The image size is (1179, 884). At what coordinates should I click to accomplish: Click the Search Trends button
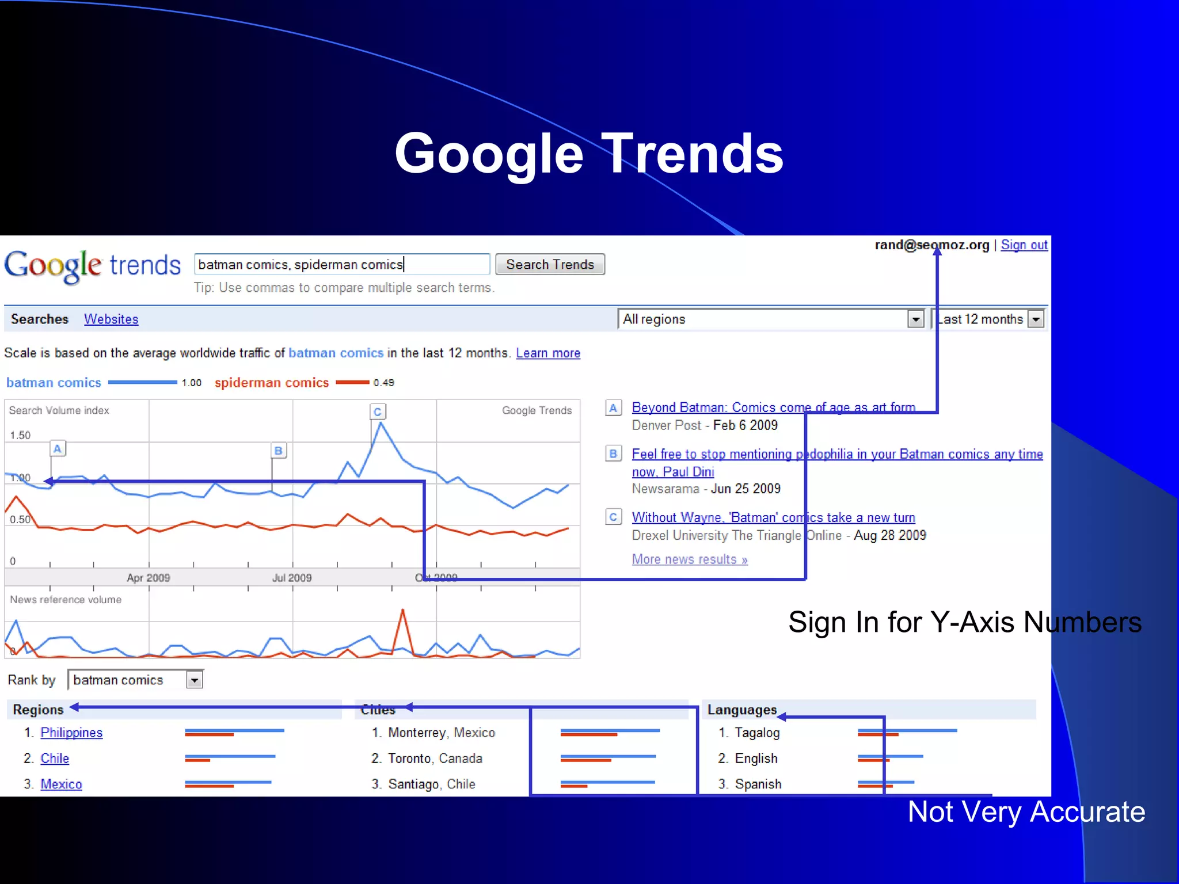click(x=550, y=265)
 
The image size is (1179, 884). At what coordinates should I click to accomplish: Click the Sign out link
click(x=1024, y=245)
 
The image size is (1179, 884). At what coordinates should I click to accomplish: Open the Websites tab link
click(x=111, y=319)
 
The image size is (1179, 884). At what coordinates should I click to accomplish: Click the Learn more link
click(x=548, y=353)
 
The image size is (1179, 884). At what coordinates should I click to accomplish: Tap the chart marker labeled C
click(x=378, y=412)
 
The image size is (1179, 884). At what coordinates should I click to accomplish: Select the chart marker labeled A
click(x=58, y=449)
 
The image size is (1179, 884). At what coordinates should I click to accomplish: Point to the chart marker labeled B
click(x=279, y=451)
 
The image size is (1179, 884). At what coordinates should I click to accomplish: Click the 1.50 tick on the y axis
click(x=20, y=435)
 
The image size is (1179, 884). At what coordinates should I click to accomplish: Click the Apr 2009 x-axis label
click(x=149, y=578)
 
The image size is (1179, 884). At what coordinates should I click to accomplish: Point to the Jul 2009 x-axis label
click(x=292, y=578)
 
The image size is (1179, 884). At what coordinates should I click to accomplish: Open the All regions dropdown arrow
click(x=915, y=319)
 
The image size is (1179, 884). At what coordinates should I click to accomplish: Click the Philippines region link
click(x=71, y=733)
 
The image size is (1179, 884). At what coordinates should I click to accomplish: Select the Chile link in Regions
click(x=55, y=759)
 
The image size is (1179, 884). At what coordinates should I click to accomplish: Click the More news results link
click(x=690, y=559)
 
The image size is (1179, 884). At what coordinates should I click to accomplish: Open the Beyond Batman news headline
click(x=773, y=407)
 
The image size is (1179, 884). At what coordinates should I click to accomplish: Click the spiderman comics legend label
click(x=272, y=383)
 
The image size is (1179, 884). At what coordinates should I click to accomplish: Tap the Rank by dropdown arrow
click(x=195, y=680)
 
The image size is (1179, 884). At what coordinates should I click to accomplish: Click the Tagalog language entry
click(x=757, y=733)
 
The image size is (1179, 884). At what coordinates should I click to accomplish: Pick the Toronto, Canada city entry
click(x=435, y=759)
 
